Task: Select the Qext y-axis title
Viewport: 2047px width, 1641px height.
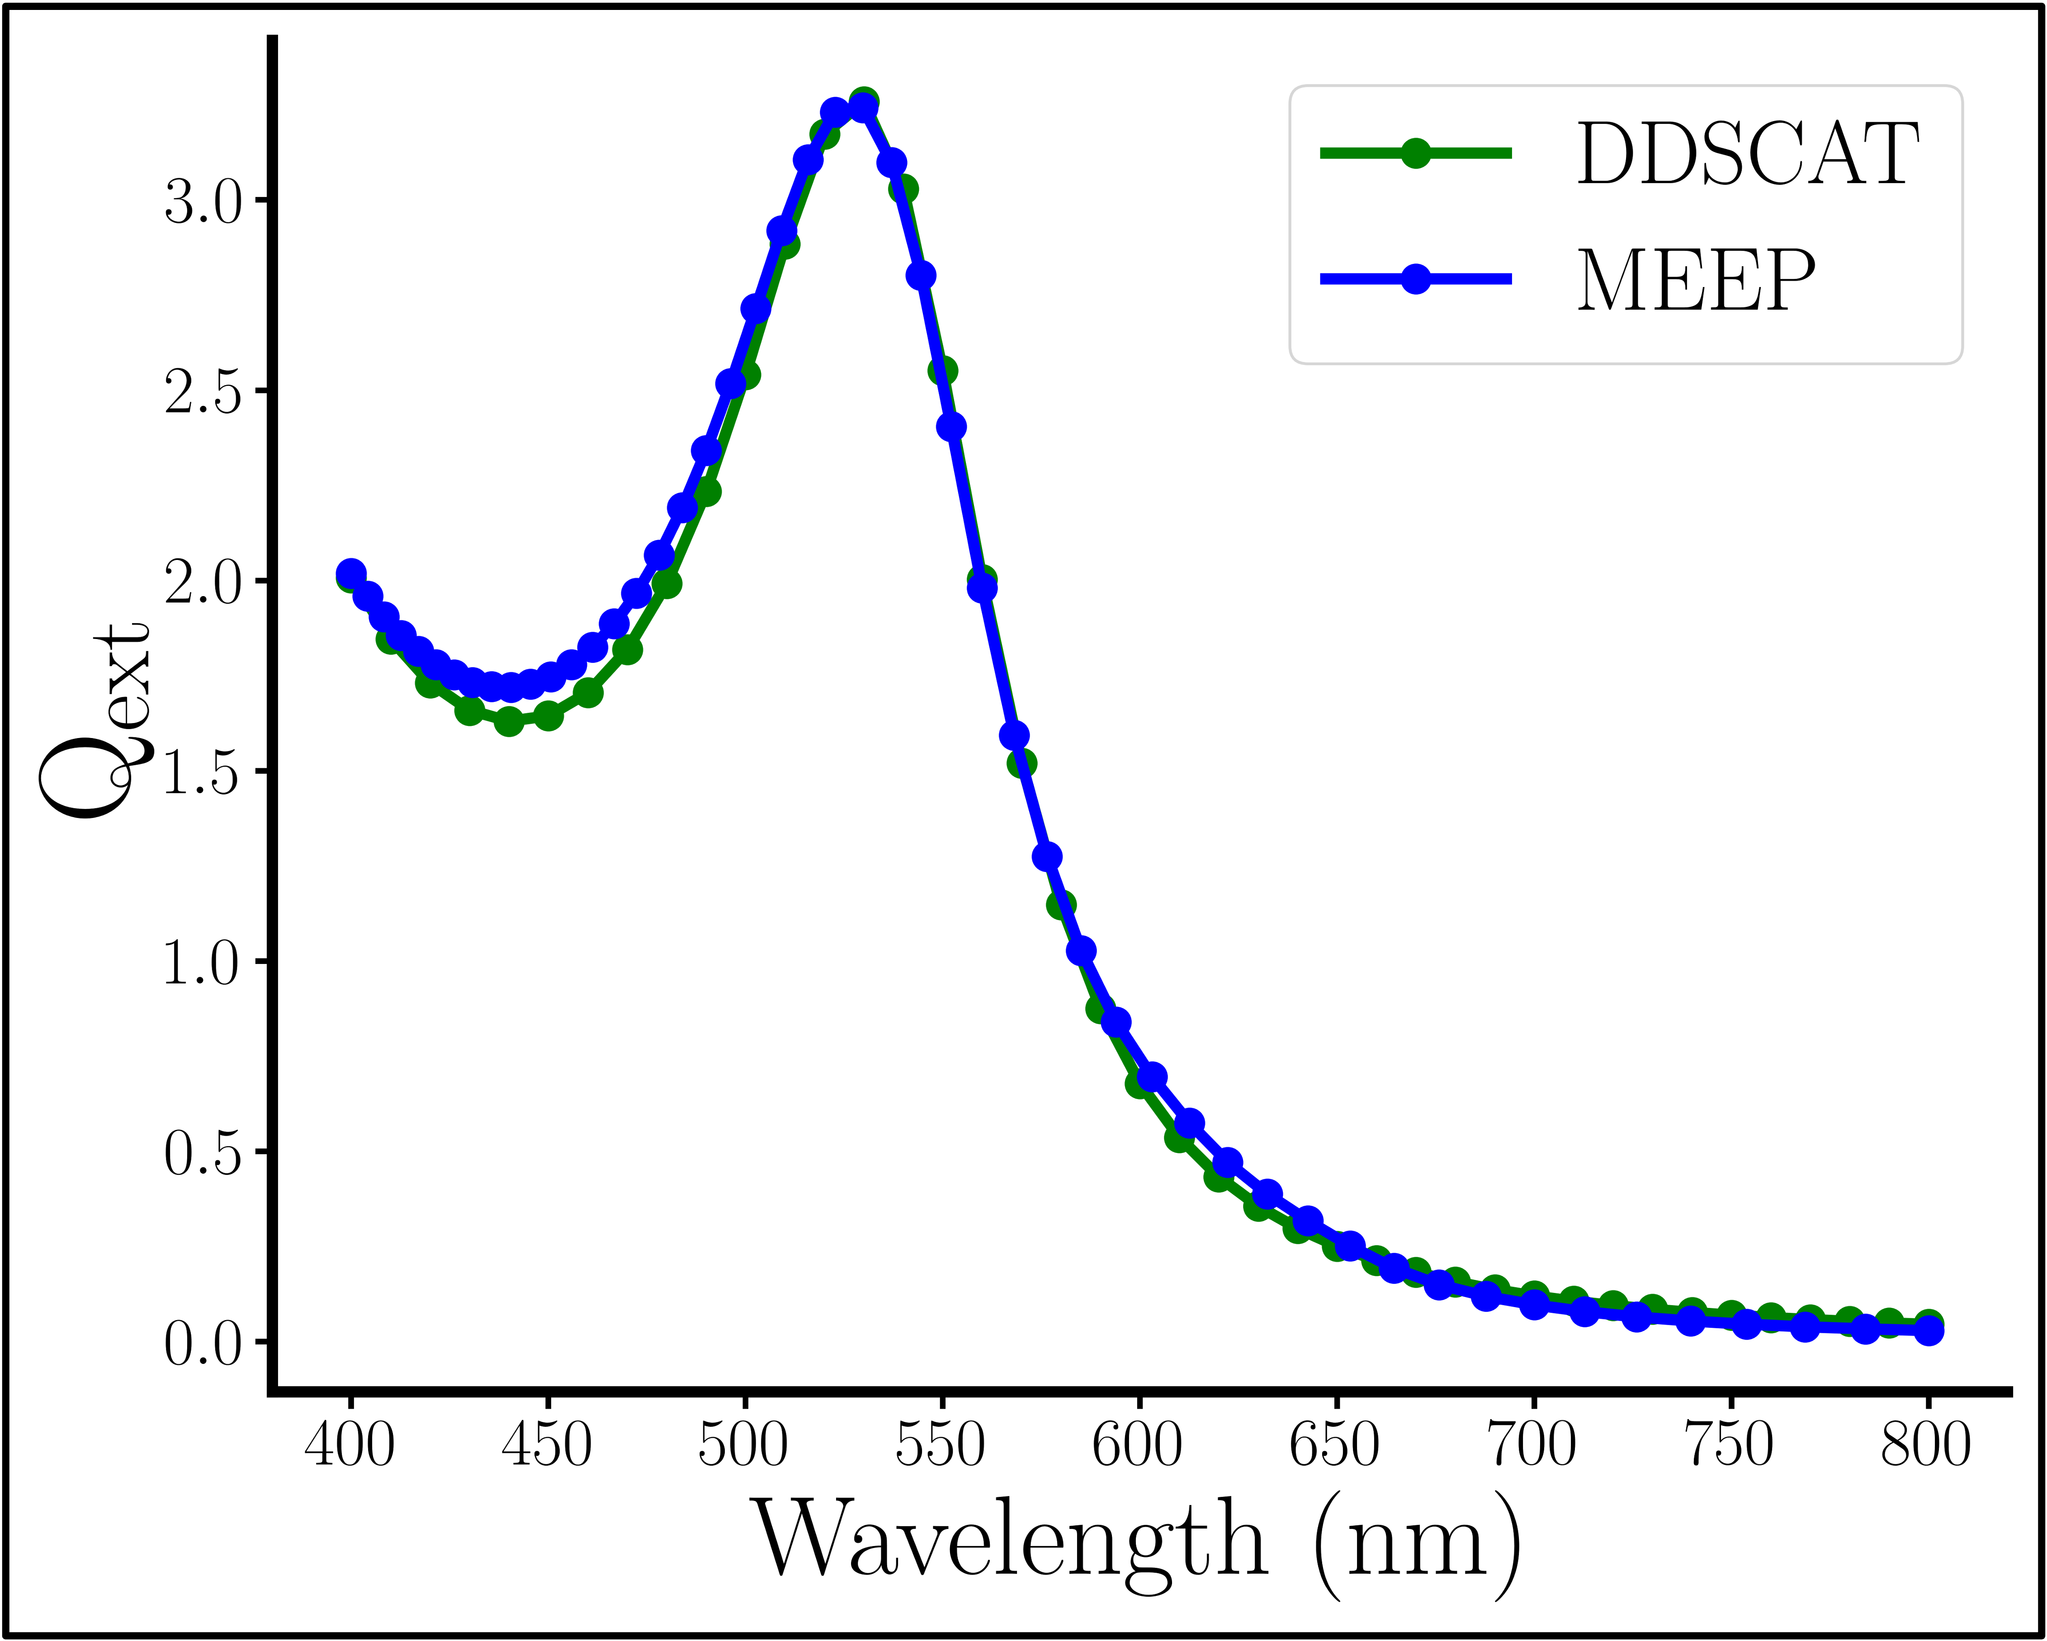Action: click(x=95, y=721)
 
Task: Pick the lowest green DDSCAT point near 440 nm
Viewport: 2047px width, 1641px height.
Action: click(x=509, y=721)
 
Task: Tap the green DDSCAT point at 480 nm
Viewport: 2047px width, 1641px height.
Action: click(x=667, y=583)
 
